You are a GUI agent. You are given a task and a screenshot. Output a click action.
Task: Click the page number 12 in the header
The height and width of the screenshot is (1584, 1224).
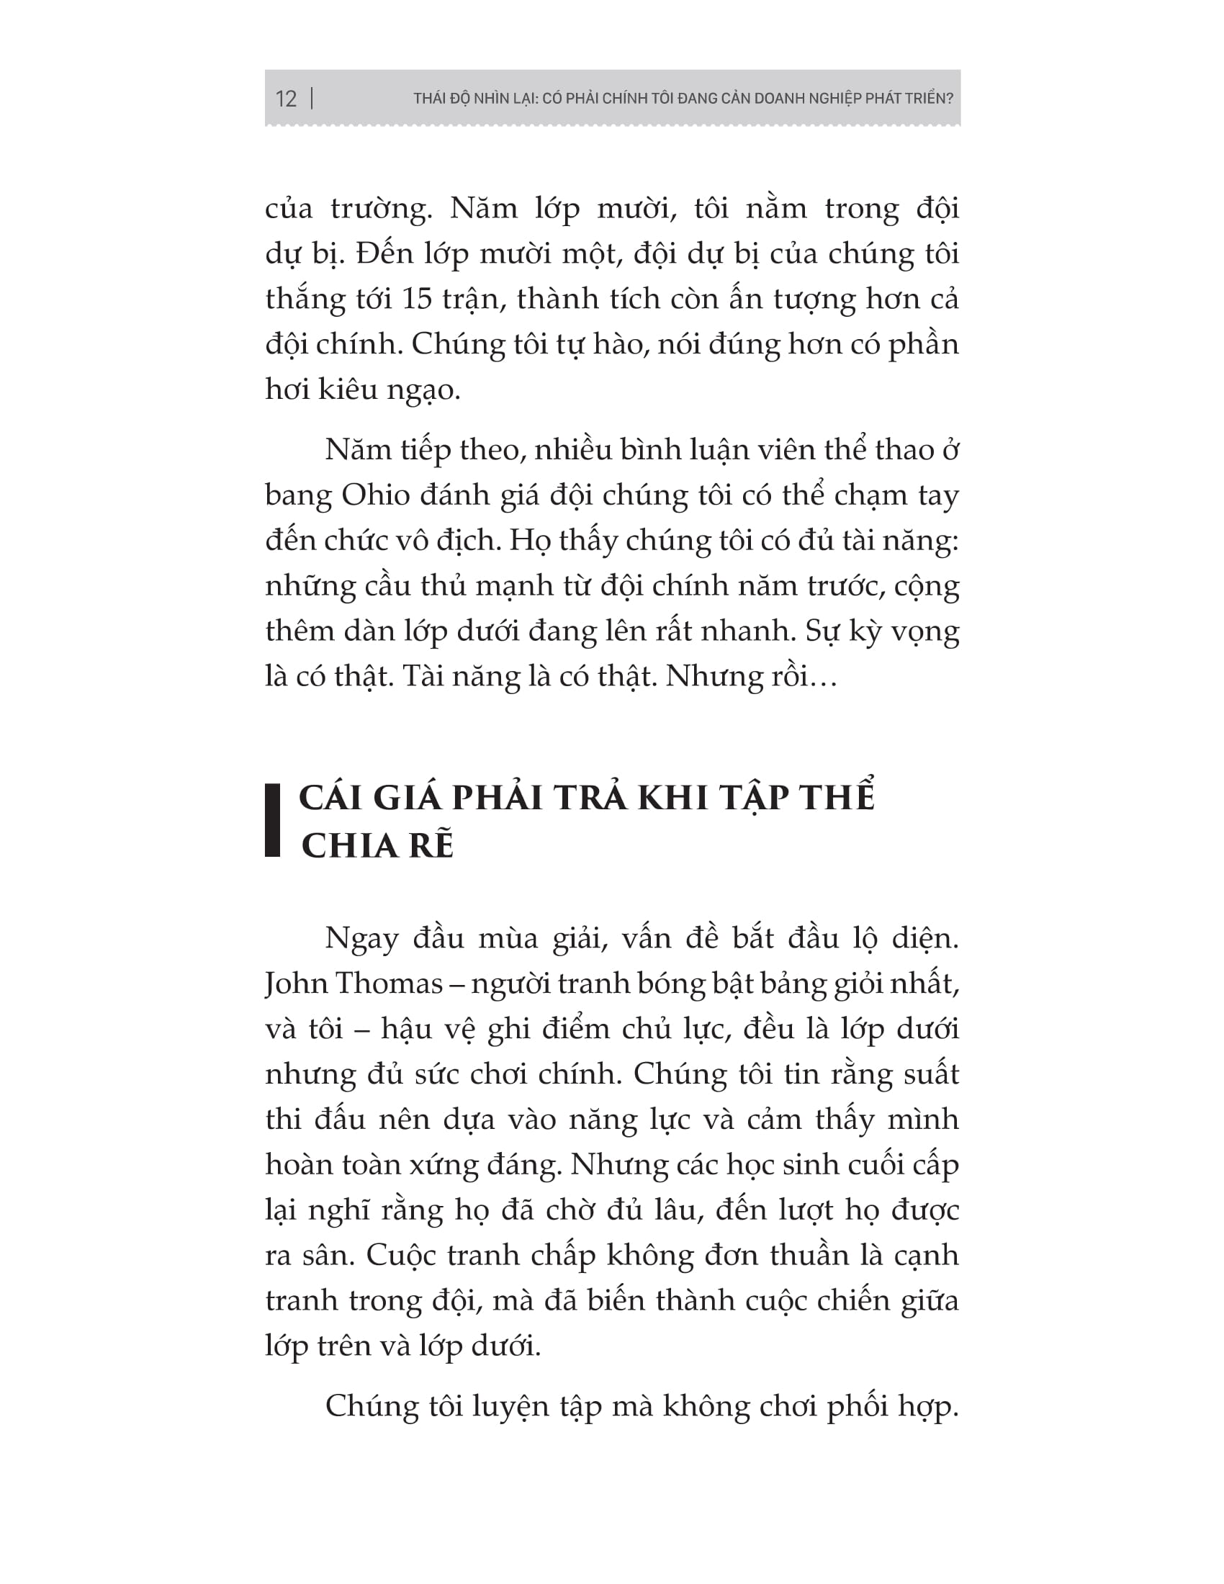(x=287, y=99)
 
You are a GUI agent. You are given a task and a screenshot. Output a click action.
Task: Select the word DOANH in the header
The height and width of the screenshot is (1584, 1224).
(x=784, y=99)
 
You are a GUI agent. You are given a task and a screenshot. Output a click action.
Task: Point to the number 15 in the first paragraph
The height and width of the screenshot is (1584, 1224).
(x=418, y=299)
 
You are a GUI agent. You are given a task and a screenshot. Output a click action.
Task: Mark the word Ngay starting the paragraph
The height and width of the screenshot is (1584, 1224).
(x=362, y=939)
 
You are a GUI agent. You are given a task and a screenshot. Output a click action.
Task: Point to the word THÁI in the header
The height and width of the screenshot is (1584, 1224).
(x=429, y=99)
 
